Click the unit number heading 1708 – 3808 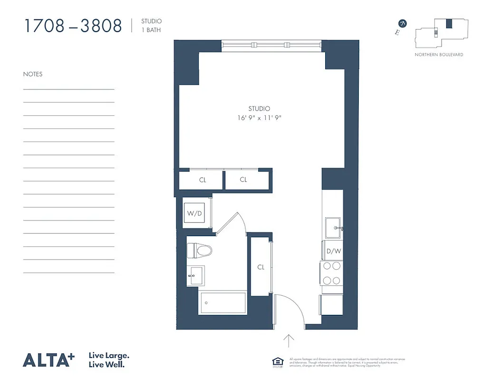(73, 26)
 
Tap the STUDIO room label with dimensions (259, 113)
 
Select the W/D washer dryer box (194, 213)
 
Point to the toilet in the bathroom (199, 250)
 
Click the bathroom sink (195, 275)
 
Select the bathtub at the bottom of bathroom (222, 302)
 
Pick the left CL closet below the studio (202, 180)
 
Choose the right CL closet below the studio (243, 180)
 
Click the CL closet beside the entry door (260, 267)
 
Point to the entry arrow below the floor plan (289, 341)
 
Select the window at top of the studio (271, 45)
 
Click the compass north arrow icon (403, 23)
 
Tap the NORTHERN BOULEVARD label (439, 55)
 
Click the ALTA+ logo (49, 360)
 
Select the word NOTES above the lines (33, 74)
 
